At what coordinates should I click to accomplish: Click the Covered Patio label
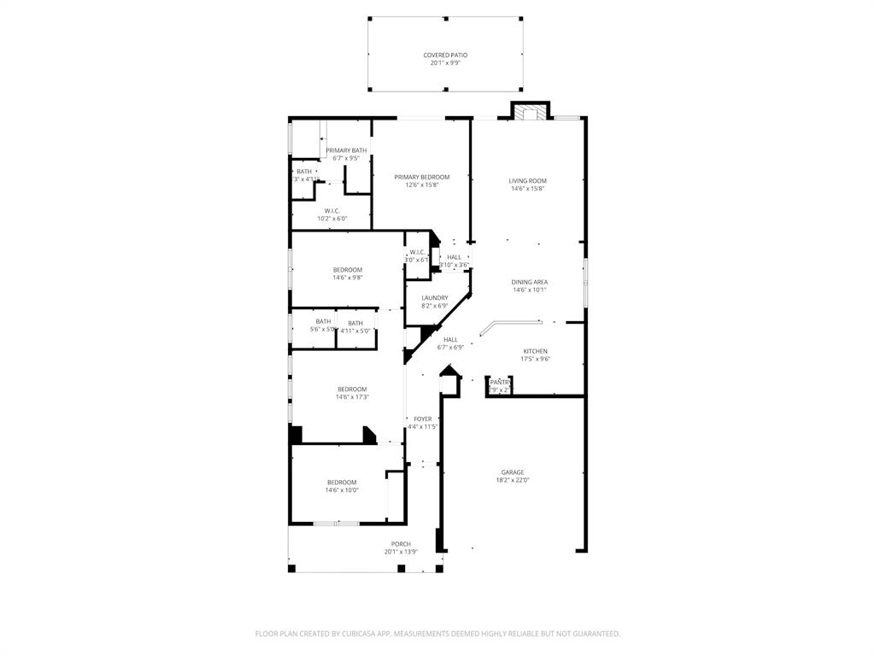pyautogui.click(x=445, y=56)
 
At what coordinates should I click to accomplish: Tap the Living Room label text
pyautogui.click(x=527, y=181)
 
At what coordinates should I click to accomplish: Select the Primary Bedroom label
pyautogui.click(x=421, y=178)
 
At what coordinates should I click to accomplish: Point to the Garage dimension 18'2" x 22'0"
pyautogui.click(x=513, y=480)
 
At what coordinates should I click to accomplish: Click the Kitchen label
pyautogui.click(x=535, y=351)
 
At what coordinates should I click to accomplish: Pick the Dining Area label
pyautogui.click(x=529, y=282)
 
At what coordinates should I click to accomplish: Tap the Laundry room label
pyautogui.click(x=434, y=298)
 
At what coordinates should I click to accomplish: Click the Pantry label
pyautogui.click(x=499, y=383)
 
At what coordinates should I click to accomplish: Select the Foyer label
pyautogui.click(x=422, y=419)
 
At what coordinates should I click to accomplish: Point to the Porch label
pyautogui.click(x=401, y=544)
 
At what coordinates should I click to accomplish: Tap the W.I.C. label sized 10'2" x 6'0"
pyautogui.click(x=332, y=211)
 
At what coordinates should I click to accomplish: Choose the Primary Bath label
pyautogui.click(x=345, y=150)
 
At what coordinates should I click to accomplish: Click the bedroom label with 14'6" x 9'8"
pyautogui.click(x=347, y=270)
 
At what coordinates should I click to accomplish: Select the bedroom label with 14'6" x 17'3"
pyautogui.click(x=352, y=389)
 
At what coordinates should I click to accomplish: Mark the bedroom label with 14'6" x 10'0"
pyautogui.click(x=341, y=483)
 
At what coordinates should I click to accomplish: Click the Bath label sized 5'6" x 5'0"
pyautogui.click(x=323, y=322)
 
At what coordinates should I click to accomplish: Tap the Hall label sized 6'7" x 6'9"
pyautogui.click(x=450, y=340)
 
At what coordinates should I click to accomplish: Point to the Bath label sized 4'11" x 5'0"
pyautogui.click(x=355, y=323)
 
